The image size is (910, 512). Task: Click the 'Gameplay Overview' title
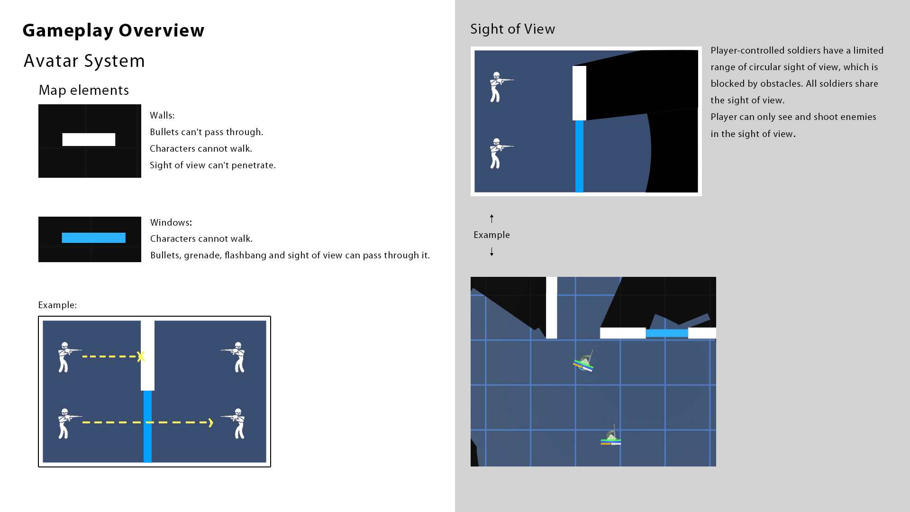pos(113,30)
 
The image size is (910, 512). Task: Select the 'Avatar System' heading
pos(84,61)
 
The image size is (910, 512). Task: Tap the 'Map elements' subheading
pos(83,90)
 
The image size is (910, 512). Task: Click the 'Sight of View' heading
pos(512,29)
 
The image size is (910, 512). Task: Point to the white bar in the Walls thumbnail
pos(89,139)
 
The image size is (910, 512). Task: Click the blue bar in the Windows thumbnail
pos(93,238)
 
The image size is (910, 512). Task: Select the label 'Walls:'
pos(162,115)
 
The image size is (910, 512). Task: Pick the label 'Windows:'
pos(171,222)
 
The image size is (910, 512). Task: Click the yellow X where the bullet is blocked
pos(141,357)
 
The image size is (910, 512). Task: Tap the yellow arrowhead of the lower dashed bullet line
pos(210,422)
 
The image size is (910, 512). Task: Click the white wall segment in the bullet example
pos(147,356)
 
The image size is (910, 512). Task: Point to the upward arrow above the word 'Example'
pos(491,219)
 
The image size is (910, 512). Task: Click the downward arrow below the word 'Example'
pos(491,252)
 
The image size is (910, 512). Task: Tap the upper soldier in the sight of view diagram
pos(500,87)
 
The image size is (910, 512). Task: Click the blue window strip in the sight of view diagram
pos(579,156)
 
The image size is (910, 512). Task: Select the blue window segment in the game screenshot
pos(667,333)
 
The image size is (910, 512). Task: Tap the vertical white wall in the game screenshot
pos(551,308)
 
